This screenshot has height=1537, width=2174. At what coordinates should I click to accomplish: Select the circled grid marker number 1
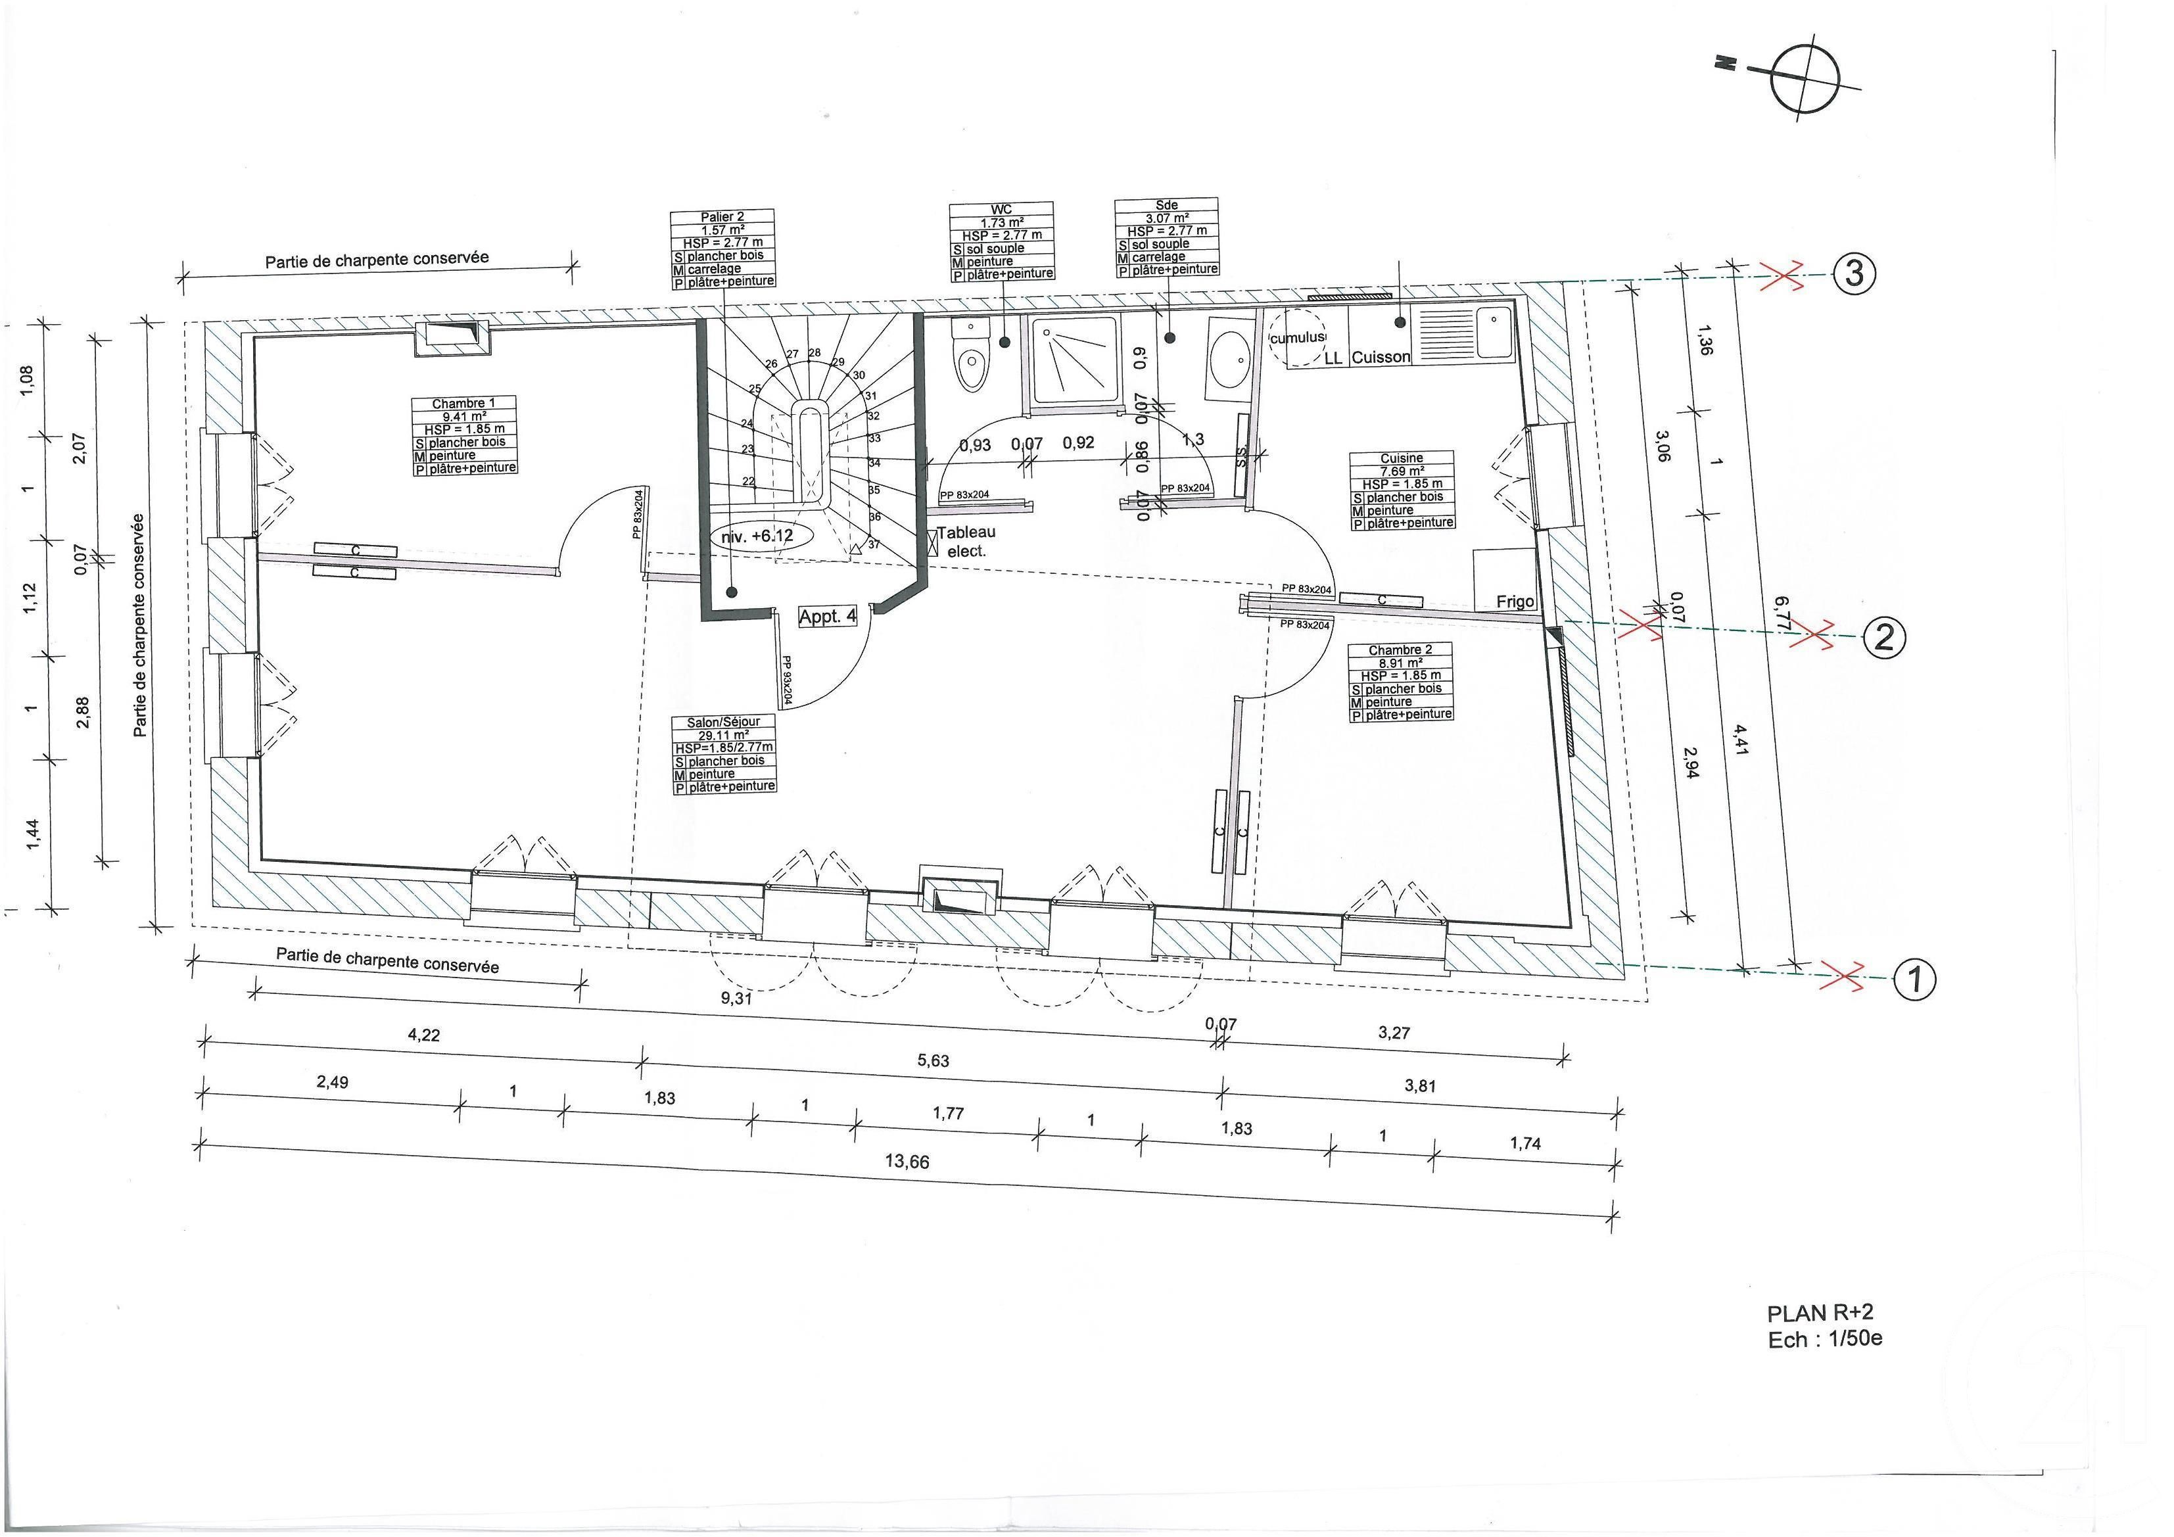coord(1914,978)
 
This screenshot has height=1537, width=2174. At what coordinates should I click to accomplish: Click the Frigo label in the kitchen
coord(1515,602)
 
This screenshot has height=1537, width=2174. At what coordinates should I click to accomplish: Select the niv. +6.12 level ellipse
coord(757,536)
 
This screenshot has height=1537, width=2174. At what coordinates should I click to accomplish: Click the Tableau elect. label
coord(966,542)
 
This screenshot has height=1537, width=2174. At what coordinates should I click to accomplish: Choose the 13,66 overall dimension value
coord(907,1161)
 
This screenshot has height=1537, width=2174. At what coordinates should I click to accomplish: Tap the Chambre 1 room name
coord(464,404)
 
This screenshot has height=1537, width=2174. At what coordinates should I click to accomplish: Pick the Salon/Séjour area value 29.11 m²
coord(723,734)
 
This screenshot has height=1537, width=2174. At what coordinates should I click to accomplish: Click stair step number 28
coord(815,352)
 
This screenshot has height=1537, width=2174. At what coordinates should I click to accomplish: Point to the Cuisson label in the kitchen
coord(1381,357)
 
